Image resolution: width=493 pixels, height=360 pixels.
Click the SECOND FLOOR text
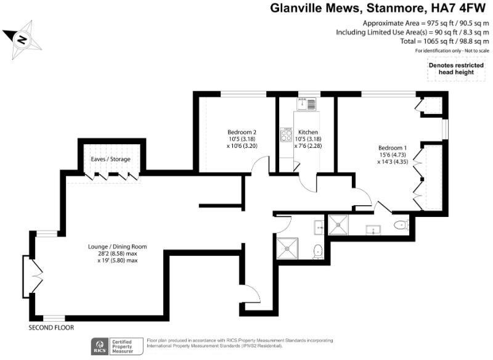[51, 327]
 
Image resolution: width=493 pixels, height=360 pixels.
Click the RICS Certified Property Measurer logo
[117, 345]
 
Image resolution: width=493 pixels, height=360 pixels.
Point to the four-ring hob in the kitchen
[286, 133]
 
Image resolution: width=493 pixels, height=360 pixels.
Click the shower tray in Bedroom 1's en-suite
[338, 226]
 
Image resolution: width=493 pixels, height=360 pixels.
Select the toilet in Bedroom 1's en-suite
[401, 226]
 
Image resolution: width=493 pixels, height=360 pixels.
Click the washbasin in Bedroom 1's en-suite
[373, 230]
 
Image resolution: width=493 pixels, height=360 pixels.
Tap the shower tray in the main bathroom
[286, 248]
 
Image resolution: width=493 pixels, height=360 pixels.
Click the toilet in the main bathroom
[317, 250]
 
